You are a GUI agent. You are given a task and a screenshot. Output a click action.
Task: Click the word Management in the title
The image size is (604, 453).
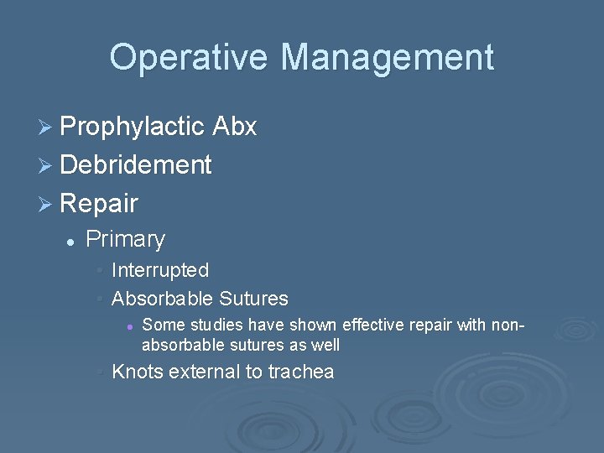(387, 58)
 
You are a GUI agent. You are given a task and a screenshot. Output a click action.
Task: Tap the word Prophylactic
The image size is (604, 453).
(133, 128)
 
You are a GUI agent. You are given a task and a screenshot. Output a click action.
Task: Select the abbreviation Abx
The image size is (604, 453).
(235, 128)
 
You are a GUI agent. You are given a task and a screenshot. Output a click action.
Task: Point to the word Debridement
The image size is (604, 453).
(136, 165)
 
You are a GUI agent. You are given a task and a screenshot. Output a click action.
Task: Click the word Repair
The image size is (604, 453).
(99, 203)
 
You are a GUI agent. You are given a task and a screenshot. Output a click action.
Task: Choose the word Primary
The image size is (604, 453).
(126, 239)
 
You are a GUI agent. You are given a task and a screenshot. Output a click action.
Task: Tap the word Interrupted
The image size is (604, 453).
(159, 270)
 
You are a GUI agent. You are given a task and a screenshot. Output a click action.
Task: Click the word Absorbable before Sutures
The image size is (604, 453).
(162, 299)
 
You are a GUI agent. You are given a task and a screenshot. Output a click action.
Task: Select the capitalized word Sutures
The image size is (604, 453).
(253, 299)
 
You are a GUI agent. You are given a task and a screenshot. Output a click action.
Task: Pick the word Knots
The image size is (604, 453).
(137, 372)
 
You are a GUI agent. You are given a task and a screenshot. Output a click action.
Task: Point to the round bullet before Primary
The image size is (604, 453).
(71, 241)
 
